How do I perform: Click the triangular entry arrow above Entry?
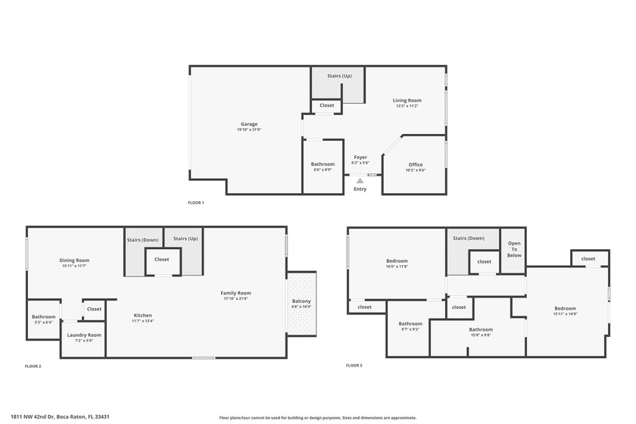[360, 180]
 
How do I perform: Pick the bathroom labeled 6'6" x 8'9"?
[323, 167]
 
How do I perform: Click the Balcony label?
[301, 304]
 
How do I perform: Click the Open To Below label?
[514, 249]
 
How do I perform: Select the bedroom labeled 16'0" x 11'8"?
[397, 263]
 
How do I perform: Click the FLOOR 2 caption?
[33, 366]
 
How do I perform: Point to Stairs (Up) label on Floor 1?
[339, 76]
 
